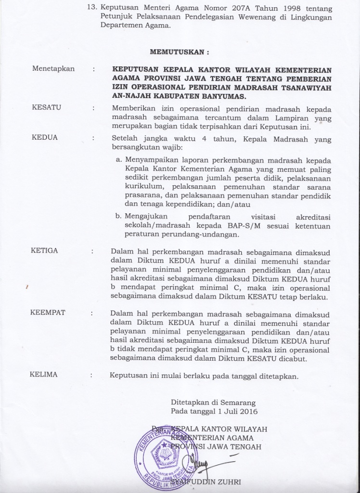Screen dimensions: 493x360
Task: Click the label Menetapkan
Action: click(x=53, y=69)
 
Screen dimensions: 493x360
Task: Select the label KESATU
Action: click(x=46, y=107)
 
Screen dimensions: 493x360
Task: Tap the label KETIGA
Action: click(x=44, y=250)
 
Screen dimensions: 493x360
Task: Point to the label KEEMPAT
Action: click(x=48, y=312)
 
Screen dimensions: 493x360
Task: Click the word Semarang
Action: click(x=237, y=402)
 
